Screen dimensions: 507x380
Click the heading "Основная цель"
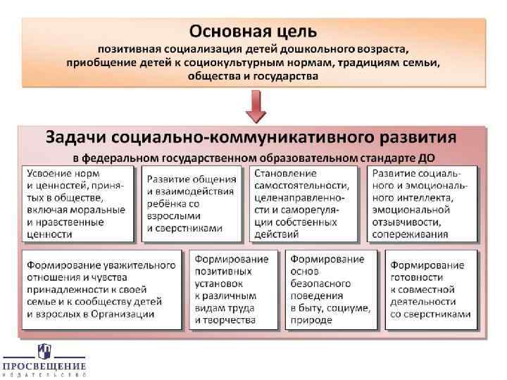254,32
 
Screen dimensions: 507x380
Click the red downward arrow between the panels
254,108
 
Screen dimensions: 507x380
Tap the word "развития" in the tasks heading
415,136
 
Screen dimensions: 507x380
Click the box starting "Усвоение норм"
78,203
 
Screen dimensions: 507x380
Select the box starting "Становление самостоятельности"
307,203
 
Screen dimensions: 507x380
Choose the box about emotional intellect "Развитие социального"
423,203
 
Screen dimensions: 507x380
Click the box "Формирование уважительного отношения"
103,289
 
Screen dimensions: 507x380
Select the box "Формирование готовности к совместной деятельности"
431,289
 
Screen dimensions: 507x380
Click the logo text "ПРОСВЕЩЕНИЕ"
44,366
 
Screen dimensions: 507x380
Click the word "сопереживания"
411,234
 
